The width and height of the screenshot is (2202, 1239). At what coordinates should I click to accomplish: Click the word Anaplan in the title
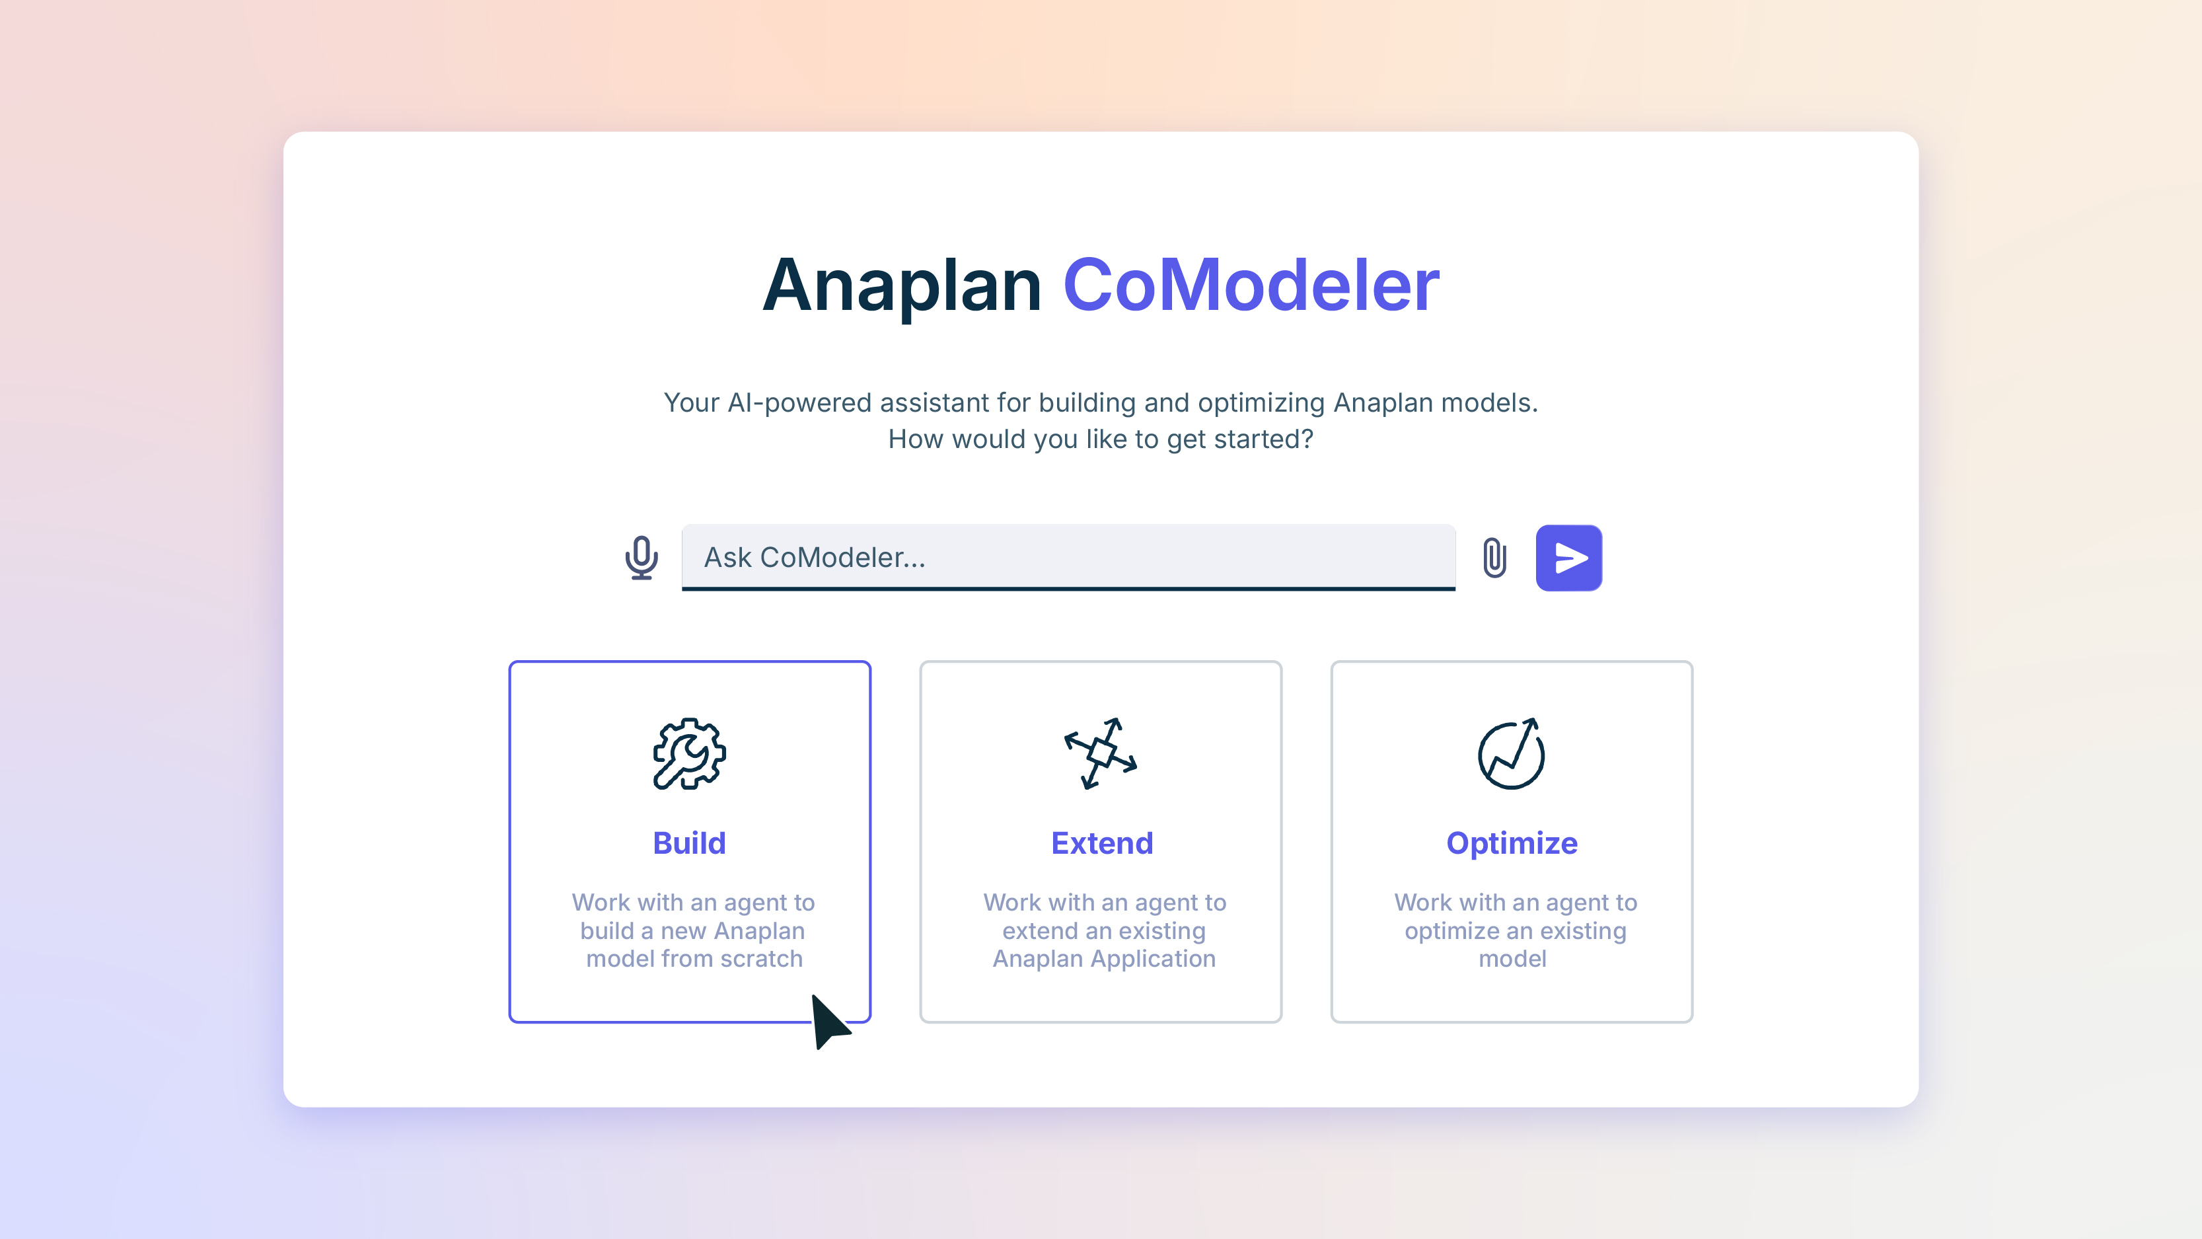pos(902,285)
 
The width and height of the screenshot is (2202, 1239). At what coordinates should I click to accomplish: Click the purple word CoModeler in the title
pos(1251,285)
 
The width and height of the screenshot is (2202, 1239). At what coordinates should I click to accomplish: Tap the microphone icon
pos(641,558)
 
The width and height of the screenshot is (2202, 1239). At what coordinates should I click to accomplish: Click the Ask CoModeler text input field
pos(1068,558)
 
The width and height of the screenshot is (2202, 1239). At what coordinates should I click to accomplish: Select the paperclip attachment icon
pos(1494,558)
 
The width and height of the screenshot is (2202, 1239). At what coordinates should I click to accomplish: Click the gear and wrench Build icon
pos(689,753)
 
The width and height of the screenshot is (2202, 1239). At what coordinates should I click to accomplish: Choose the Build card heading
pos(689,843)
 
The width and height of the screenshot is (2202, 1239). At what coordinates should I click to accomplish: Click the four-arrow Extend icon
pos(1101,753)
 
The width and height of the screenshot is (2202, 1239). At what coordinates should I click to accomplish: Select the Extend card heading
pos(1102,843)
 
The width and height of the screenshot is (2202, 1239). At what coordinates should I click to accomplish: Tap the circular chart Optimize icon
pos(1512,753)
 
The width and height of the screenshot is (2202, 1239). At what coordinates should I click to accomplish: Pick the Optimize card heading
pos(1512,843)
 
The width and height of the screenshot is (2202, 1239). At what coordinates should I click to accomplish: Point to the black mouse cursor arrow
pos(827,1021)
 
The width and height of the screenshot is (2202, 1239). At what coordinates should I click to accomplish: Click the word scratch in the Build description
pos(761,959)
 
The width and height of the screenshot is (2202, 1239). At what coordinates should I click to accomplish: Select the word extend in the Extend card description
pos(1041,930)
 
